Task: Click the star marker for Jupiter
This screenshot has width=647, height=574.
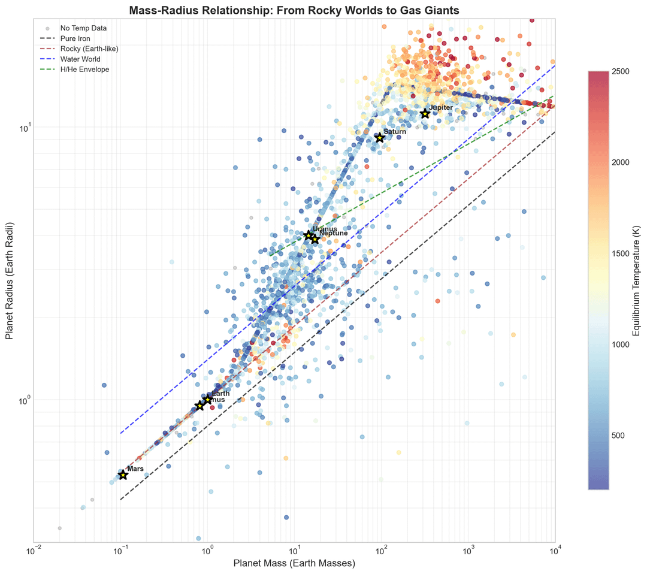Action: point(425,114)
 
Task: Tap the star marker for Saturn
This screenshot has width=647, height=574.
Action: point(379,138)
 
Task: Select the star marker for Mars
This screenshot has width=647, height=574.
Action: point(123,475)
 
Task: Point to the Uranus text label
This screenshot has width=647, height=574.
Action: point(325,229)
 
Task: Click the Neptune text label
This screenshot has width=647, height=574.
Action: point(333,233)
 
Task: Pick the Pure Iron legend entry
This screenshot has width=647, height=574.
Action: point(75,38)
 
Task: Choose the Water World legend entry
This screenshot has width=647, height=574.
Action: point(80,59)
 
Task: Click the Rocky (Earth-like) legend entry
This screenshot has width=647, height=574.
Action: point(89,49)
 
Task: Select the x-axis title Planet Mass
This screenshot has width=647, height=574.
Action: point(294,563)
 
